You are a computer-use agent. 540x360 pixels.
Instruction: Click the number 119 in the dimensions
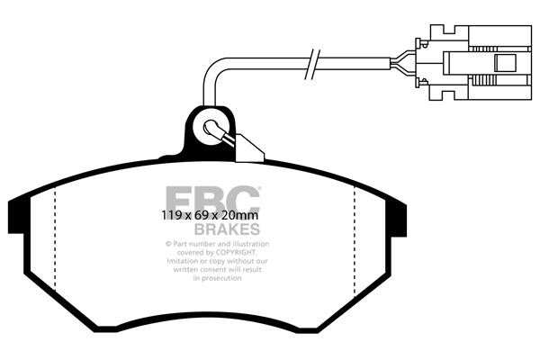(158, 216)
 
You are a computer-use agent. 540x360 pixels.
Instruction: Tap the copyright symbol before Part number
(166, 244)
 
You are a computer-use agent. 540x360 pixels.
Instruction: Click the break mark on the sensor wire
(312, 64)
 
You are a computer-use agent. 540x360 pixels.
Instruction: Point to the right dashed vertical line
(355, 238)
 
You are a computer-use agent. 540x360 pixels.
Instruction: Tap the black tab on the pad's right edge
(395, 220)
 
